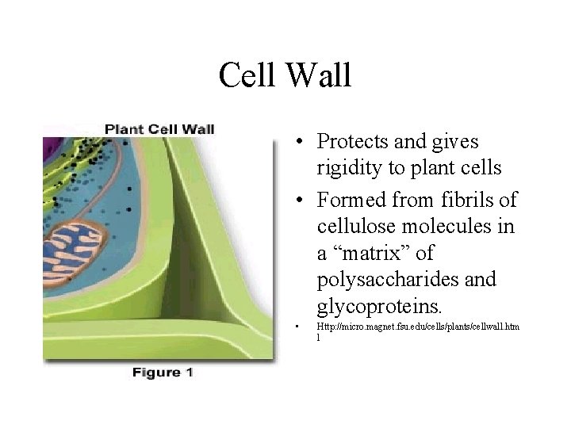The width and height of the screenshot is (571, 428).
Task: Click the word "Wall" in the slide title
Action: (x=320, y=75)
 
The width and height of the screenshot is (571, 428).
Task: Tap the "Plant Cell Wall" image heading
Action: (x=159, y=128)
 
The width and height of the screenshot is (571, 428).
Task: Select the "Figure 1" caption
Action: (x=162, y=372)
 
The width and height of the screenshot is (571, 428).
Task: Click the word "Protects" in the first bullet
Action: (x=352, y=141)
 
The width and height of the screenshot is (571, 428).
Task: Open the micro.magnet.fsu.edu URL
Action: (x=419, y=326)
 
